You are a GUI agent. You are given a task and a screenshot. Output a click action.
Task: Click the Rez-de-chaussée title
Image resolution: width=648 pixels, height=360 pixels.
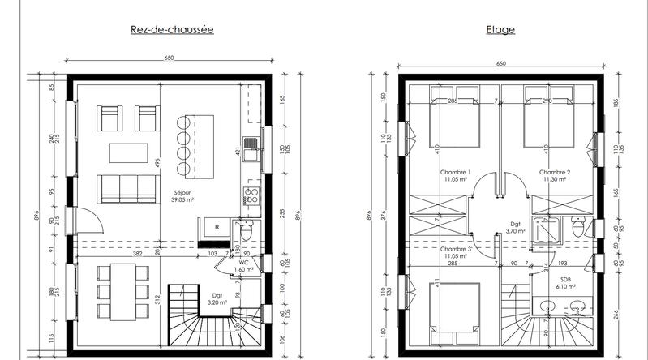171,30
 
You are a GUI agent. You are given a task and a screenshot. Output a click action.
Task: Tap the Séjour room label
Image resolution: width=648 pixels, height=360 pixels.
180,194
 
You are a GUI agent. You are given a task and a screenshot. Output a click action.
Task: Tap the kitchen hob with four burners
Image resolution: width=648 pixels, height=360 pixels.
251,195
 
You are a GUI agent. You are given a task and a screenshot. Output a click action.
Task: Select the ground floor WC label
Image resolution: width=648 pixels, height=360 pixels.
243,262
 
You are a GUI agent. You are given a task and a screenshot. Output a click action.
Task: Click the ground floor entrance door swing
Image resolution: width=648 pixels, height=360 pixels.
88,220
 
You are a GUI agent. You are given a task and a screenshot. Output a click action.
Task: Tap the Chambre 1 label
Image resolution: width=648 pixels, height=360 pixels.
456,173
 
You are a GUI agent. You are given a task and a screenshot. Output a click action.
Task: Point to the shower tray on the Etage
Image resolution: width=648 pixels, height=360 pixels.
543,229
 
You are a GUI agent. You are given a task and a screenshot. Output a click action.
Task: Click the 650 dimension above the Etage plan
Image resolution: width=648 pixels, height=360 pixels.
500,63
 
